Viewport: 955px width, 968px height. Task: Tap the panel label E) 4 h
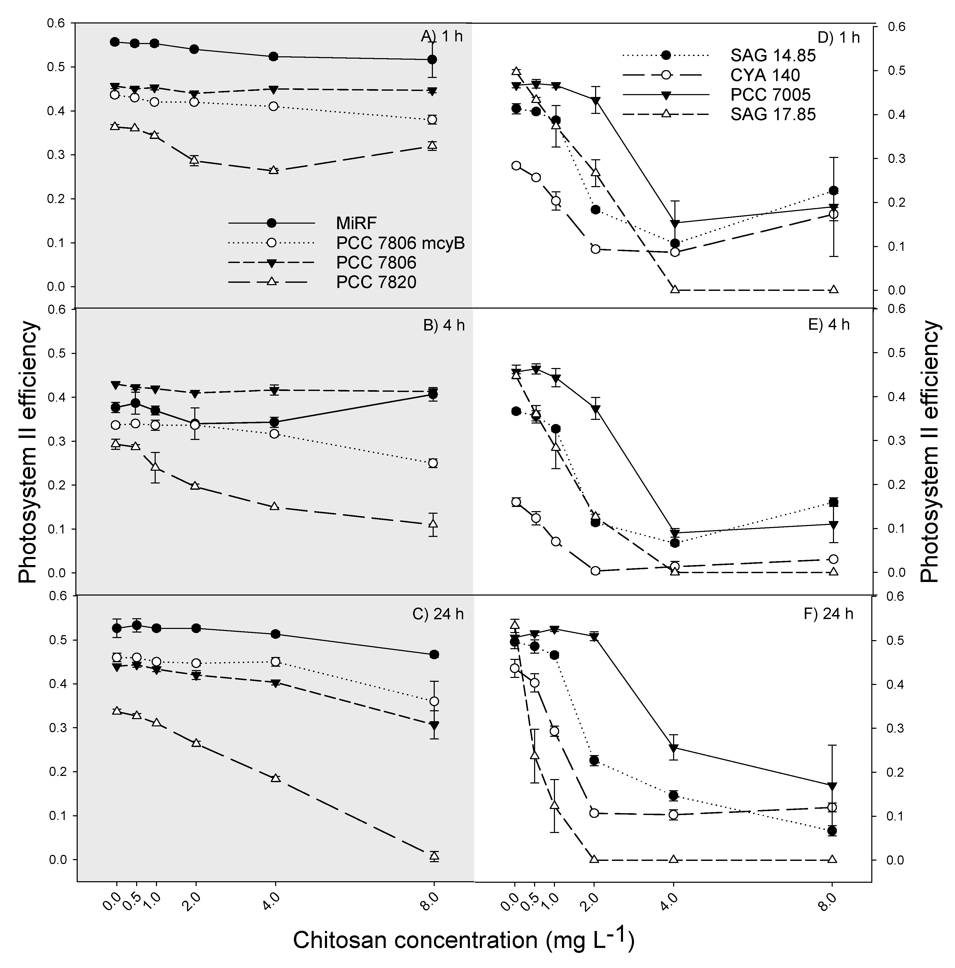(x=829, y=325)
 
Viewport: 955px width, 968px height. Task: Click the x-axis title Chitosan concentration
(x=464, y=940)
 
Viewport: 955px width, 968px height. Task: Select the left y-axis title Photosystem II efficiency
(x=29, y=452)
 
